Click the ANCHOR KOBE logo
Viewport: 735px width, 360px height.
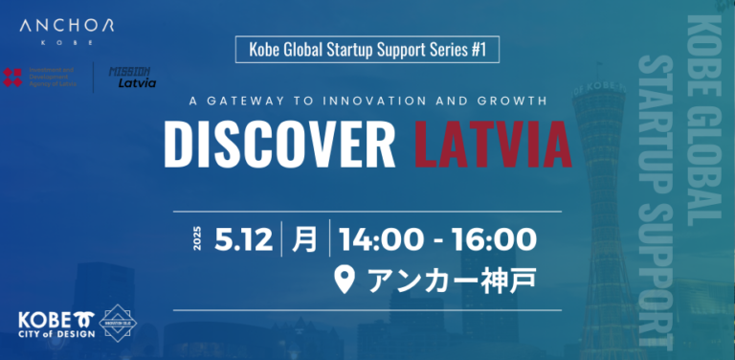(66, 32)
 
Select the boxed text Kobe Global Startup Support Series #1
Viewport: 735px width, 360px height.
(367, 49)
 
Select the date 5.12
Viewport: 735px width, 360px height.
(244, 238)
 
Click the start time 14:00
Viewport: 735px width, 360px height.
(379, 238)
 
